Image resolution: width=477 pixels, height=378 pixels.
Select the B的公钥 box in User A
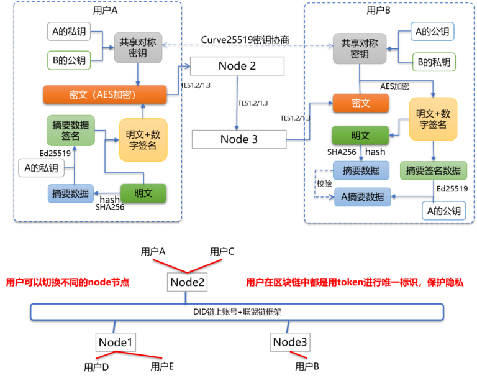tap(70, 60)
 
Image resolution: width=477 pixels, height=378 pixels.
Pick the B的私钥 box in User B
tap(434, 62)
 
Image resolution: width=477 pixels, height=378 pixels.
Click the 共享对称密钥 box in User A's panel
tap(138, 48)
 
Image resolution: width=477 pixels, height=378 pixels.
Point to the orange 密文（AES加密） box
tap(105, 94)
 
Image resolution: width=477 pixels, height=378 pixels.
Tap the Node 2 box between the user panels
tap(237, 66)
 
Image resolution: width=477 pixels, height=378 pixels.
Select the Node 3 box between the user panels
tap(238, 139)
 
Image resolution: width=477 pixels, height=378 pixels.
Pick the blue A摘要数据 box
tap(362, 197)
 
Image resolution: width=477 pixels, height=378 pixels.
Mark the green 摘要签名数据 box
tap(433, 170)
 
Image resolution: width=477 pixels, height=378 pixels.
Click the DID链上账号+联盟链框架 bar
tap(237, 311)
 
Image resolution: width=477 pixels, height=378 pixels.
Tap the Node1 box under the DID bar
tap(117, 342)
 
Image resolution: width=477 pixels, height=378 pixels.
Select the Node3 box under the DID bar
tap(290, 342)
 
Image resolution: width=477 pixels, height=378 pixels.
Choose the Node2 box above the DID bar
tap(188, 282)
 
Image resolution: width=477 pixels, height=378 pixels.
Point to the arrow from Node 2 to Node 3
tap(237, 103)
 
